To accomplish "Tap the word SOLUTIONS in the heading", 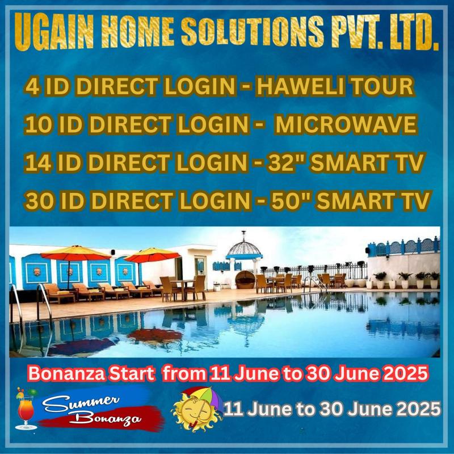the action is click(x=252, y=31).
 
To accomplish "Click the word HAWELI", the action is click(x=300, y=87).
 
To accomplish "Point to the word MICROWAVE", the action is click(x=346, y=124).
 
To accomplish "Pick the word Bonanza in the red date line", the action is click(x=67, y=374).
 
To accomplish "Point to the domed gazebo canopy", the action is click(x=244, y=249).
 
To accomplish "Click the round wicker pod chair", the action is click(x=245, y=280).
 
